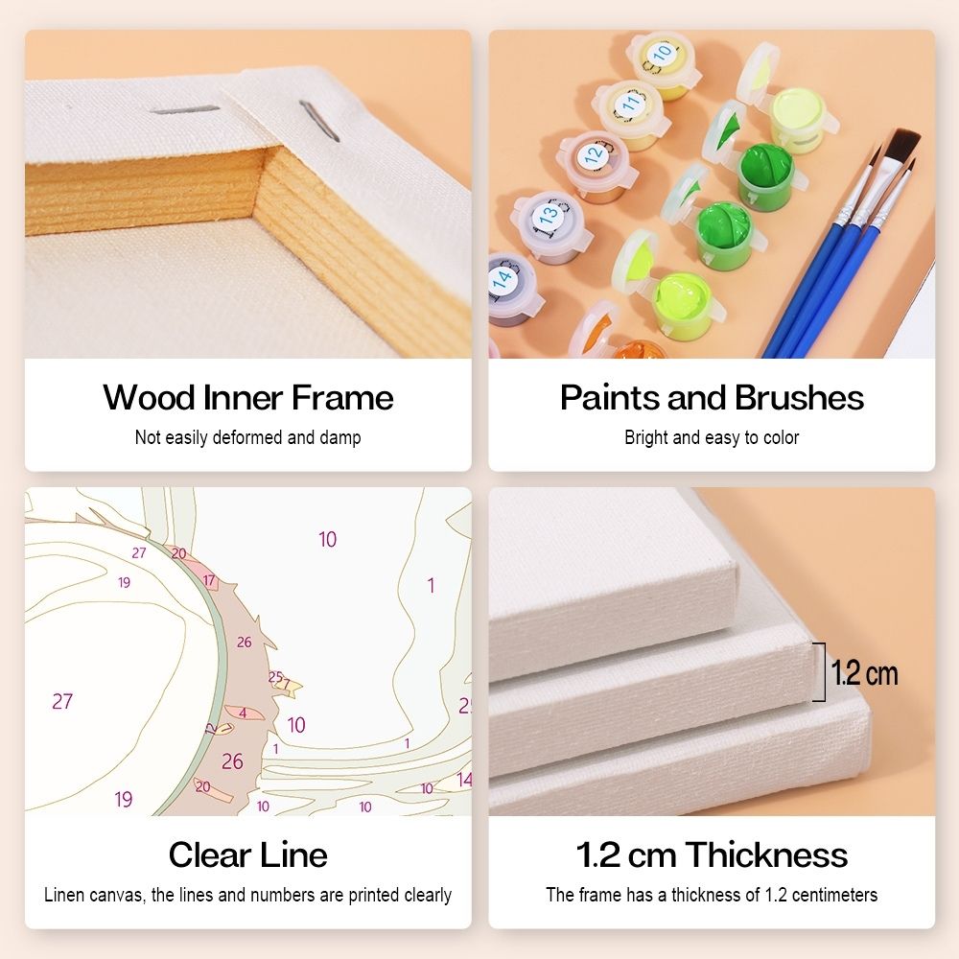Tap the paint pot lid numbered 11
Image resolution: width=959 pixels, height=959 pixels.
pyautogui.click(x=629, y=104)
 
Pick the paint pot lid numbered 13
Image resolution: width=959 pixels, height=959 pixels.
pyautogui.click(x=548, y=215)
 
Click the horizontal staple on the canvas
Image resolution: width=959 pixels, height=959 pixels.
pyautogui.click(x=184, y=109)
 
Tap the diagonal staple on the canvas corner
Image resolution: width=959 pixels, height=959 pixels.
pyautogui.click(x=319, y=121)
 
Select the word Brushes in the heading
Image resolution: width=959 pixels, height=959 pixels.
pyautogui.click(x=799, y=398)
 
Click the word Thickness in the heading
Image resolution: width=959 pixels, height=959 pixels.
pyautogui.click(x=766, y=854)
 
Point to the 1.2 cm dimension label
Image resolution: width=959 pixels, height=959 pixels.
pyautogui.click(x=865, y=673)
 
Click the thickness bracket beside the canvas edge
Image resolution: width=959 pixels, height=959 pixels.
pyautogui.click(x=823, y=671)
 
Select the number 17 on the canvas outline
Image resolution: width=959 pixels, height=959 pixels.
pyautogui.click(x=209, y=580)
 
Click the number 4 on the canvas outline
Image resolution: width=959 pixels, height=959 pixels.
pyautogui.click(x=243, y=713)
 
